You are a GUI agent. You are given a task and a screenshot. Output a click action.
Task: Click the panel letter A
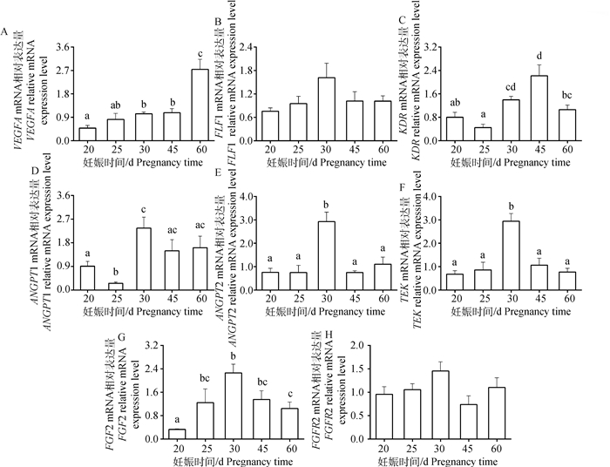coord(5,33)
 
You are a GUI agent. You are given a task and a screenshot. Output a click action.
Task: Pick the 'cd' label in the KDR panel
coord(485,85)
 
